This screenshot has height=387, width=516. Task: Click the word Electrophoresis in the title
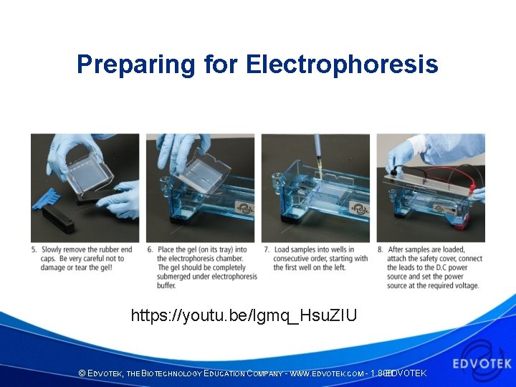coord(342,64)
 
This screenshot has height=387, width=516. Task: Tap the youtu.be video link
coord(244,315)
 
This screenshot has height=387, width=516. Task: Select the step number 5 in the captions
coord(34,249)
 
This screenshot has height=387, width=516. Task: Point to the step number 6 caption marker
coord(149,249)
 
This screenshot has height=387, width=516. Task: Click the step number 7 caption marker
coord(265,249)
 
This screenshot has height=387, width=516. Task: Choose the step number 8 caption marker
coord(380,249)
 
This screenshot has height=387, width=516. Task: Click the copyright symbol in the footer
coord(82,374)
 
